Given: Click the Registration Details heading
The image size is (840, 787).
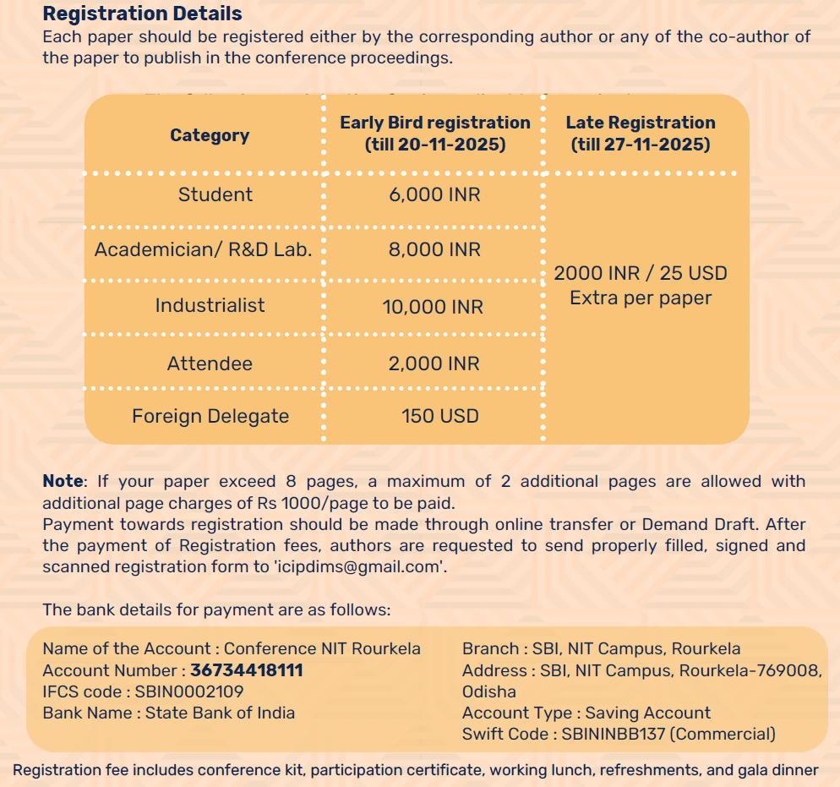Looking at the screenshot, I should [142, 14].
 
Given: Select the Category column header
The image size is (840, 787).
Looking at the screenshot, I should [210, 135].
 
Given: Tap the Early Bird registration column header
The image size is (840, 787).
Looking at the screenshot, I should [434, 134].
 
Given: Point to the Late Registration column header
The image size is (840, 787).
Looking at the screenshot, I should [641, 134].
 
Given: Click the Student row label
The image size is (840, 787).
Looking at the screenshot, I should [215, 194].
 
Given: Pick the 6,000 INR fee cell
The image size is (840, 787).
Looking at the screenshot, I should [434, 194].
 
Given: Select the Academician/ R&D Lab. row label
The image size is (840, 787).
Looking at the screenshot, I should [204, 249].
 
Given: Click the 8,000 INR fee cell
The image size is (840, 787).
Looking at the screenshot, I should [434, 249].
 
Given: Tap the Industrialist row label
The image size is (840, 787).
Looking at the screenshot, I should [210, 305].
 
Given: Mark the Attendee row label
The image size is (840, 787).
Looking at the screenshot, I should [210, 363].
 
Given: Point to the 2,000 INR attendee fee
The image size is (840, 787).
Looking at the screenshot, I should [434, 363].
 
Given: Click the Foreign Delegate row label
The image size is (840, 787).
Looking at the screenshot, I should [210, 416].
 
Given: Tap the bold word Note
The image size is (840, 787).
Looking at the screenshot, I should [63, 481].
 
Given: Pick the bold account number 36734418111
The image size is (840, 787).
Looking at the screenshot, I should [247, 670].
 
